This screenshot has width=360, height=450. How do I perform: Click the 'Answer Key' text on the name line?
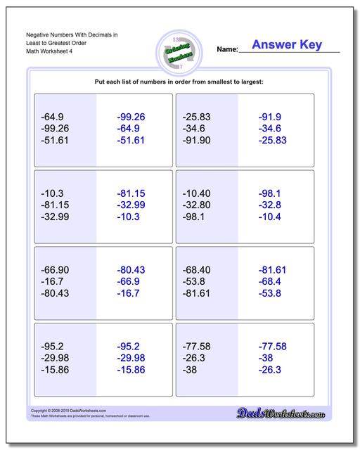pyautogui.click(x=287, y=45)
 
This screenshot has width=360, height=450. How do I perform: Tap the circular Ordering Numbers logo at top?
pyautogui.click(x=174, y=49)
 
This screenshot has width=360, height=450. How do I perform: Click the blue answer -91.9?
pyautogui.click(x=270, y=117)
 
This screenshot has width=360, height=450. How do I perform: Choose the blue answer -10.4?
pyautogui.click(x=270, y=217)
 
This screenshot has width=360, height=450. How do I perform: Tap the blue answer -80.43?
pyautogui.click(x=131, y=269)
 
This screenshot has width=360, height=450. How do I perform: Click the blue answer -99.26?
pyautogui.click(x=131, y=117)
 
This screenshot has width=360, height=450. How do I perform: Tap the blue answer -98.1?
pyautogui.click(x=270, y=193)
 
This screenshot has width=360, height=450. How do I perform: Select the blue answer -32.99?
pyautogui.click(x=131, y=205)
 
